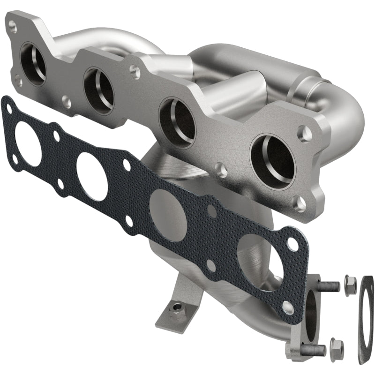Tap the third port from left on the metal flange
tap(177, 122)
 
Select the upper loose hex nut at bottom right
tap(350, 285)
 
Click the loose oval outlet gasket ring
tap(366, 319)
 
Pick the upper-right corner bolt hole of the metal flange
tap(305, 133)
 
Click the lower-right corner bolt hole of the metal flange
tap(300, 203)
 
